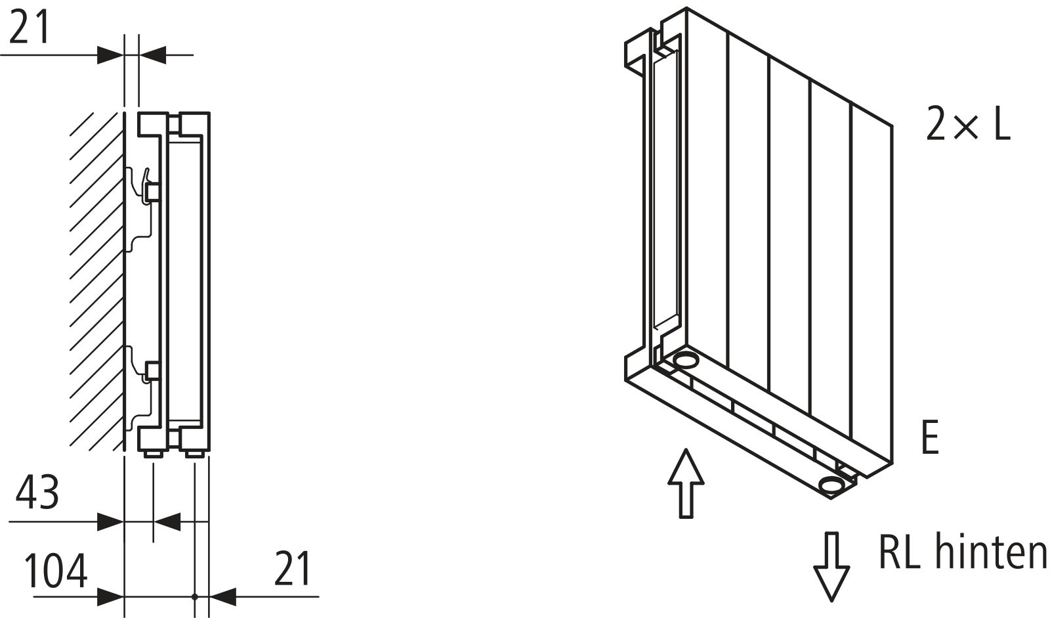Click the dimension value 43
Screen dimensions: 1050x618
coord(37,493)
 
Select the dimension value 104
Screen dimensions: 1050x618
coord(56,571)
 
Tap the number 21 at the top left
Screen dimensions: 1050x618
coord(29,27)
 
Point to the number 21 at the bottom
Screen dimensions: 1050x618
coord(292,569)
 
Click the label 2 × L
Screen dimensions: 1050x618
coord(969,123)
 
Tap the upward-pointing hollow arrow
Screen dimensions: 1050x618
coord(686,483)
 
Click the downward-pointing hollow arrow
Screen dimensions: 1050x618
coord(831,566)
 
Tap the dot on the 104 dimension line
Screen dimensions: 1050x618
coord(195,597)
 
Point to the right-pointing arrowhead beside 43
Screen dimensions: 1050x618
coord(110,521)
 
